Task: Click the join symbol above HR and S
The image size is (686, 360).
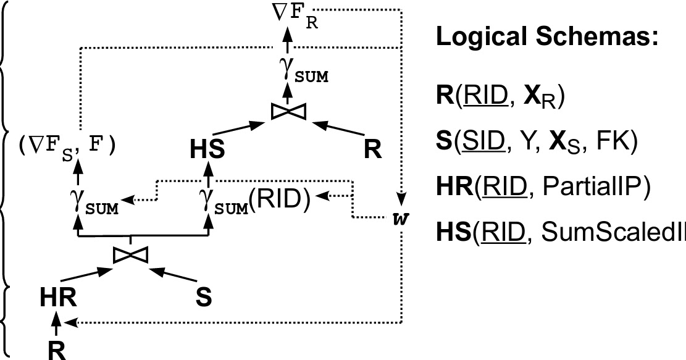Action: [x=131, y=254]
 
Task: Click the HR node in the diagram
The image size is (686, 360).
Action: [x=59, y=298]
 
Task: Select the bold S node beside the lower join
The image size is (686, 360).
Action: [x=204, y=297]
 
